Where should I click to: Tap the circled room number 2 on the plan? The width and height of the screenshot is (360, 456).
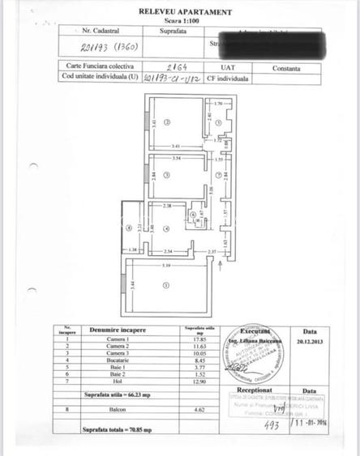tap(165, 122)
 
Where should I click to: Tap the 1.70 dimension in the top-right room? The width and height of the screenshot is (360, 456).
tap(218, 105)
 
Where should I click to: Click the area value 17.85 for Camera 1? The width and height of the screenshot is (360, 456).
tap(192, 340)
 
